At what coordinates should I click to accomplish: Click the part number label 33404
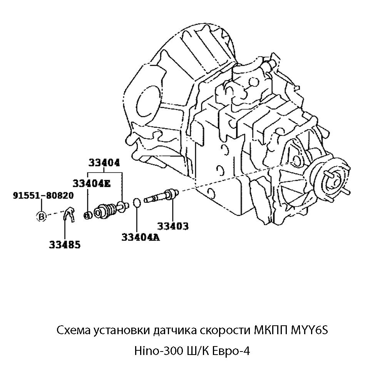(x=104, y=163)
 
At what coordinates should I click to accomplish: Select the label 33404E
(x=91, y=183)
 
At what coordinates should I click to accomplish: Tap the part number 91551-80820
(x=43, y=196)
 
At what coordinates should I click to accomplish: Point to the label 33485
(x=65, y=244)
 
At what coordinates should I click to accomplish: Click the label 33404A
(x=141, y=237)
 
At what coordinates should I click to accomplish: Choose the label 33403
(x=172, y=226)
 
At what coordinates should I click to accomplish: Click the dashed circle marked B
(x=41, y=216)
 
